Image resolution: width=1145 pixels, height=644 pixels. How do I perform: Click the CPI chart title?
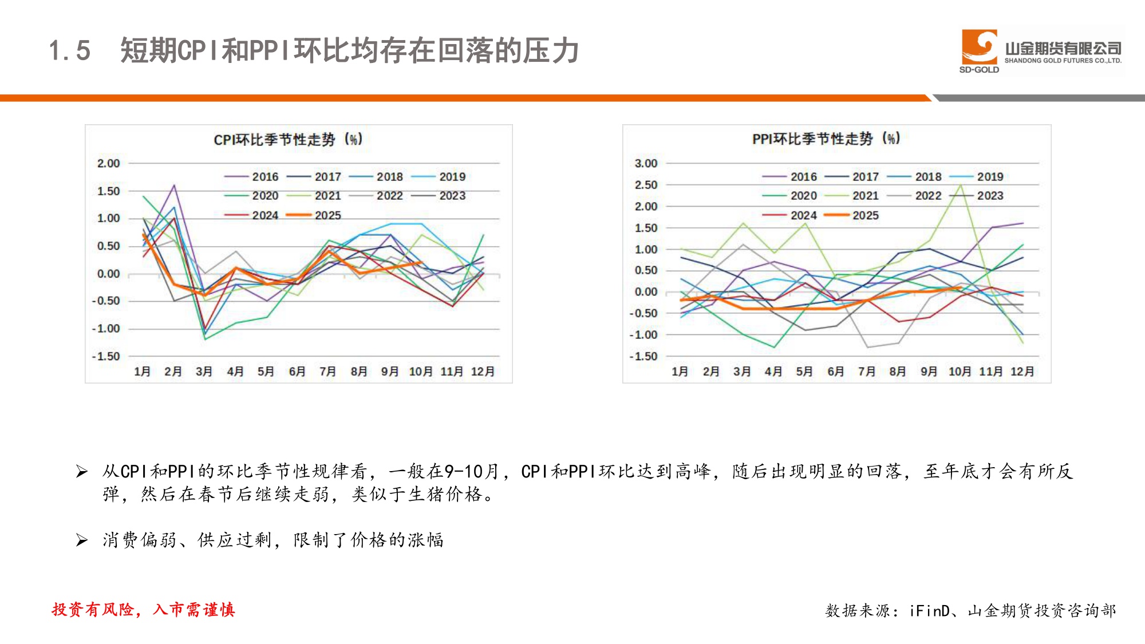(288, 140)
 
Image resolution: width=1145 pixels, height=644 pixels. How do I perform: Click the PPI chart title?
(826, 139)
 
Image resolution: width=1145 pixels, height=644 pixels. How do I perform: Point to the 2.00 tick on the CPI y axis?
(108, 163)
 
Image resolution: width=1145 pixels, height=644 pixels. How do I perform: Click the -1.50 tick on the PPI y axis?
(643, 356)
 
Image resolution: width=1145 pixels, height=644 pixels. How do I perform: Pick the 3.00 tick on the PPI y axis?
(646, 163)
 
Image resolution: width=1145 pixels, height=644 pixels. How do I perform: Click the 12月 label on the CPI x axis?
(483, 372)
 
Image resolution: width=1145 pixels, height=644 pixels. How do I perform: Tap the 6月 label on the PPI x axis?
(835, 372)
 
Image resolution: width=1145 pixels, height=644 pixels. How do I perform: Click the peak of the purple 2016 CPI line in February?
(174, 185)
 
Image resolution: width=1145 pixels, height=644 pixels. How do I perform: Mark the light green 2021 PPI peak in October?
(960, 185)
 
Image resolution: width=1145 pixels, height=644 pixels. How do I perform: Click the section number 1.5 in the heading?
(70, 50)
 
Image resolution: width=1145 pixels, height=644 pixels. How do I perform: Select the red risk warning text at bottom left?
(143, 610)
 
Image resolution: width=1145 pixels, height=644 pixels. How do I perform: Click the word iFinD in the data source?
(929, 611)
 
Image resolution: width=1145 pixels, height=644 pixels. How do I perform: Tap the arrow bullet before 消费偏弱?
(82, 540)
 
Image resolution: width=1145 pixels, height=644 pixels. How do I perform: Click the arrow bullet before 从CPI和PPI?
(82, 471)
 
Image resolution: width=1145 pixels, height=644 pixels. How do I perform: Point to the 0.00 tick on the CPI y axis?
(108, 274)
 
